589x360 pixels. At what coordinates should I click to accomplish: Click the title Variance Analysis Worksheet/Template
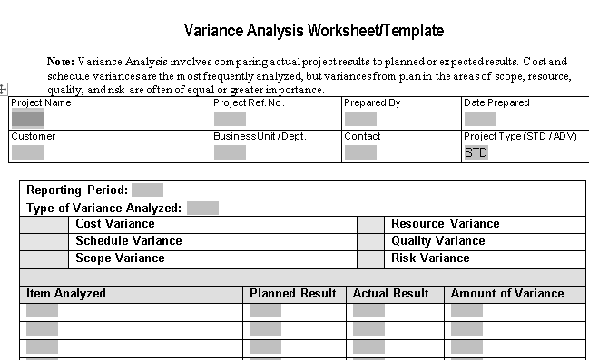click(x=314, y=31)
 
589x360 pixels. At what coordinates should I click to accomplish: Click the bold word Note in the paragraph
click(x=61, y=61)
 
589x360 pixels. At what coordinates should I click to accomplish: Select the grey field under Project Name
click(x=27, y=118)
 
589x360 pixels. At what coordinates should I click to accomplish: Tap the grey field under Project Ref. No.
click(x=230, y=118)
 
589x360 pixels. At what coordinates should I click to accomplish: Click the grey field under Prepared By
click(x=360, y=118)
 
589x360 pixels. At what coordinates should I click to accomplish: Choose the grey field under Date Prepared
click(x=480, y=118)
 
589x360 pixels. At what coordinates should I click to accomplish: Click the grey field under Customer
click(x=27, y=151)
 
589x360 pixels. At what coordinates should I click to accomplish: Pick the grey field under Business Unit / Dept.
click(x=230, y=151)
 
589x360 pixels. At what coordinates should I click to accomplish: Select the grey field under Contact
click(x=360, y=151)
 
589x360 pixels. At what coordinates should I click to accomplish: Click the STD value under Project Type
click(x=476, y=152)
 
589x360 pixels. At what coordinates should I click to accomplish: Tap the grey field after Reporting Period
click(x=147, y=190)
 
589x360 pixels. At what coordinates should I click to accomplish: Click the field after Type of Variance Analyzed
click(x=202, y=208)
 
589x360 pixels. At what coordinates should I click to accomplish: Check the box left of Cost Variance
click(x=44, y=224)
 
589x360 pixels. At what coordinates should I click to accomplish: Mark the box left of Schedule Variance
click(x=44, y=241)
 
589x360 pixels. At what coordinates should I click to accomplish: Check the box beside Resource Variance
click(x=370, y=224)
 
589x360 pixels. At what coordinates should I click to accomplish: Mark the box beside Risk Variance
click(x=370, y=258)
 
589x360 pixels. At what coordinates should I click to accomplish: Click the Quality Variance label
click(x=437, y=241)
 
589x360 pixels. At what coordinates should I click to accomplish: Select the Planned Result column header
click(x=293, y=294)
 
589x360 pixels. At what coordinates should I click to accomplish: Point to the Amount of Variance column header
click(x=507, y=294)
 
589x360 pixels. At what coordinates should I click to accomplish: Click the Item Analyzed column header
click(x=66, y=294)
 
